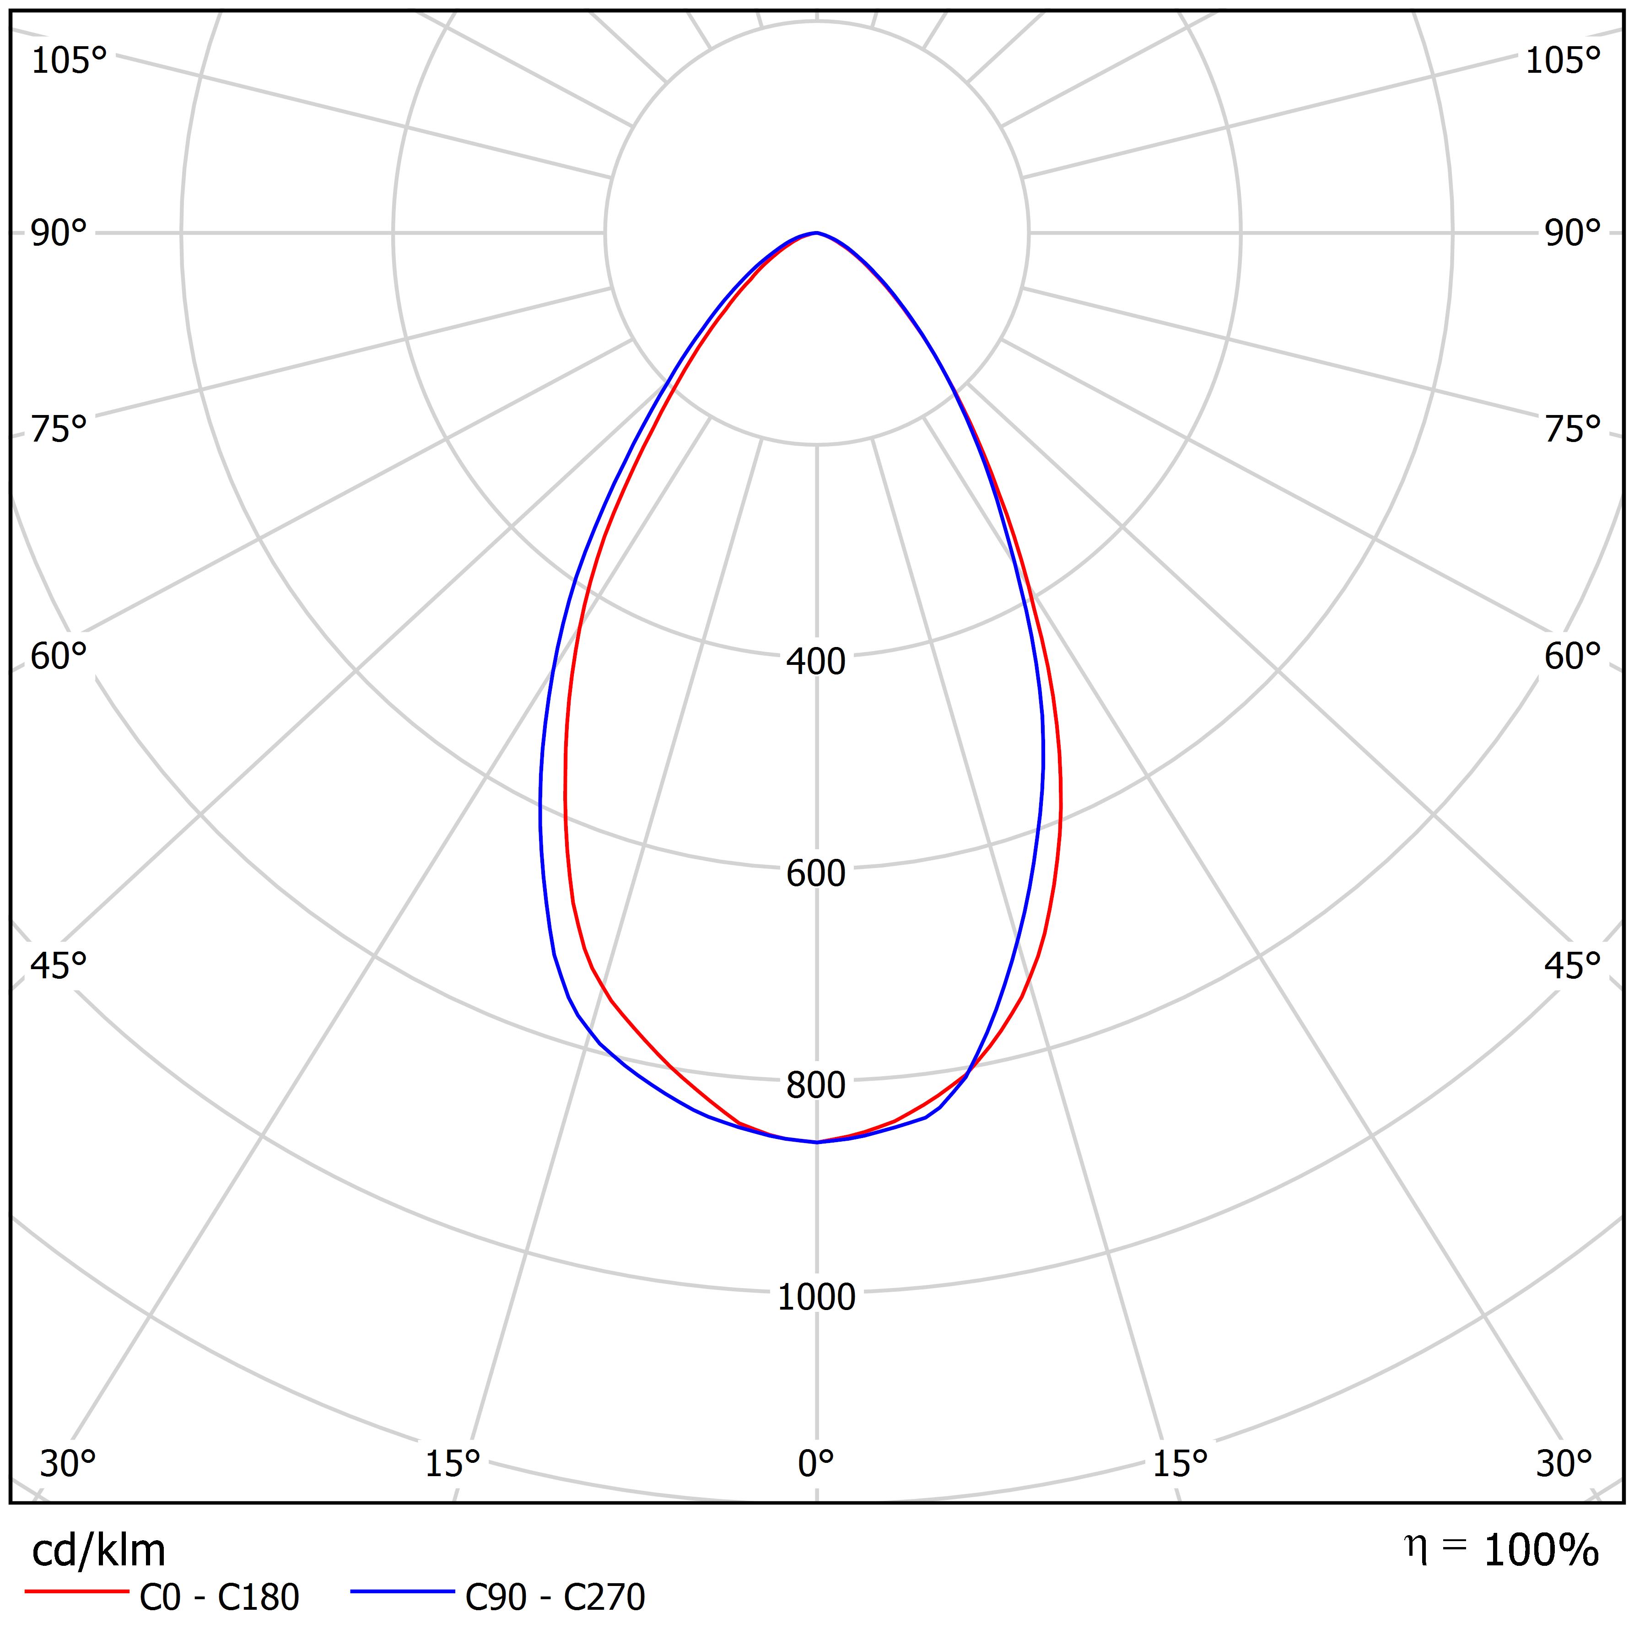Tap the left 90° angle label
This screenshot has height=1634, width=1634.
click(x=59, y=233)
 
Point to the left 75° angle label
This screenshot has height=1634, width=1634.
click(x=59, y=430)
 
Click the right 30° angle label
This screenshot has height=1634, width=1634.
click(x=1564, y=1463)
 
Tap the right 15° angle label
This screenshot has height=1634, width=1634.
click(x=1180, y=1463)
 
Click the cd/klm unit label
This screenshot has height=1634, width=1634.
click(x=98, y=1551)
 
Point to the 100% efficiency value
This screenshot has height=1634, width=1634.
click(x=1541, y=1551)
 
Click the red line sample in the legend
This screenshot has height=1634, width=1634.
click(x=76, y=1592)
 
